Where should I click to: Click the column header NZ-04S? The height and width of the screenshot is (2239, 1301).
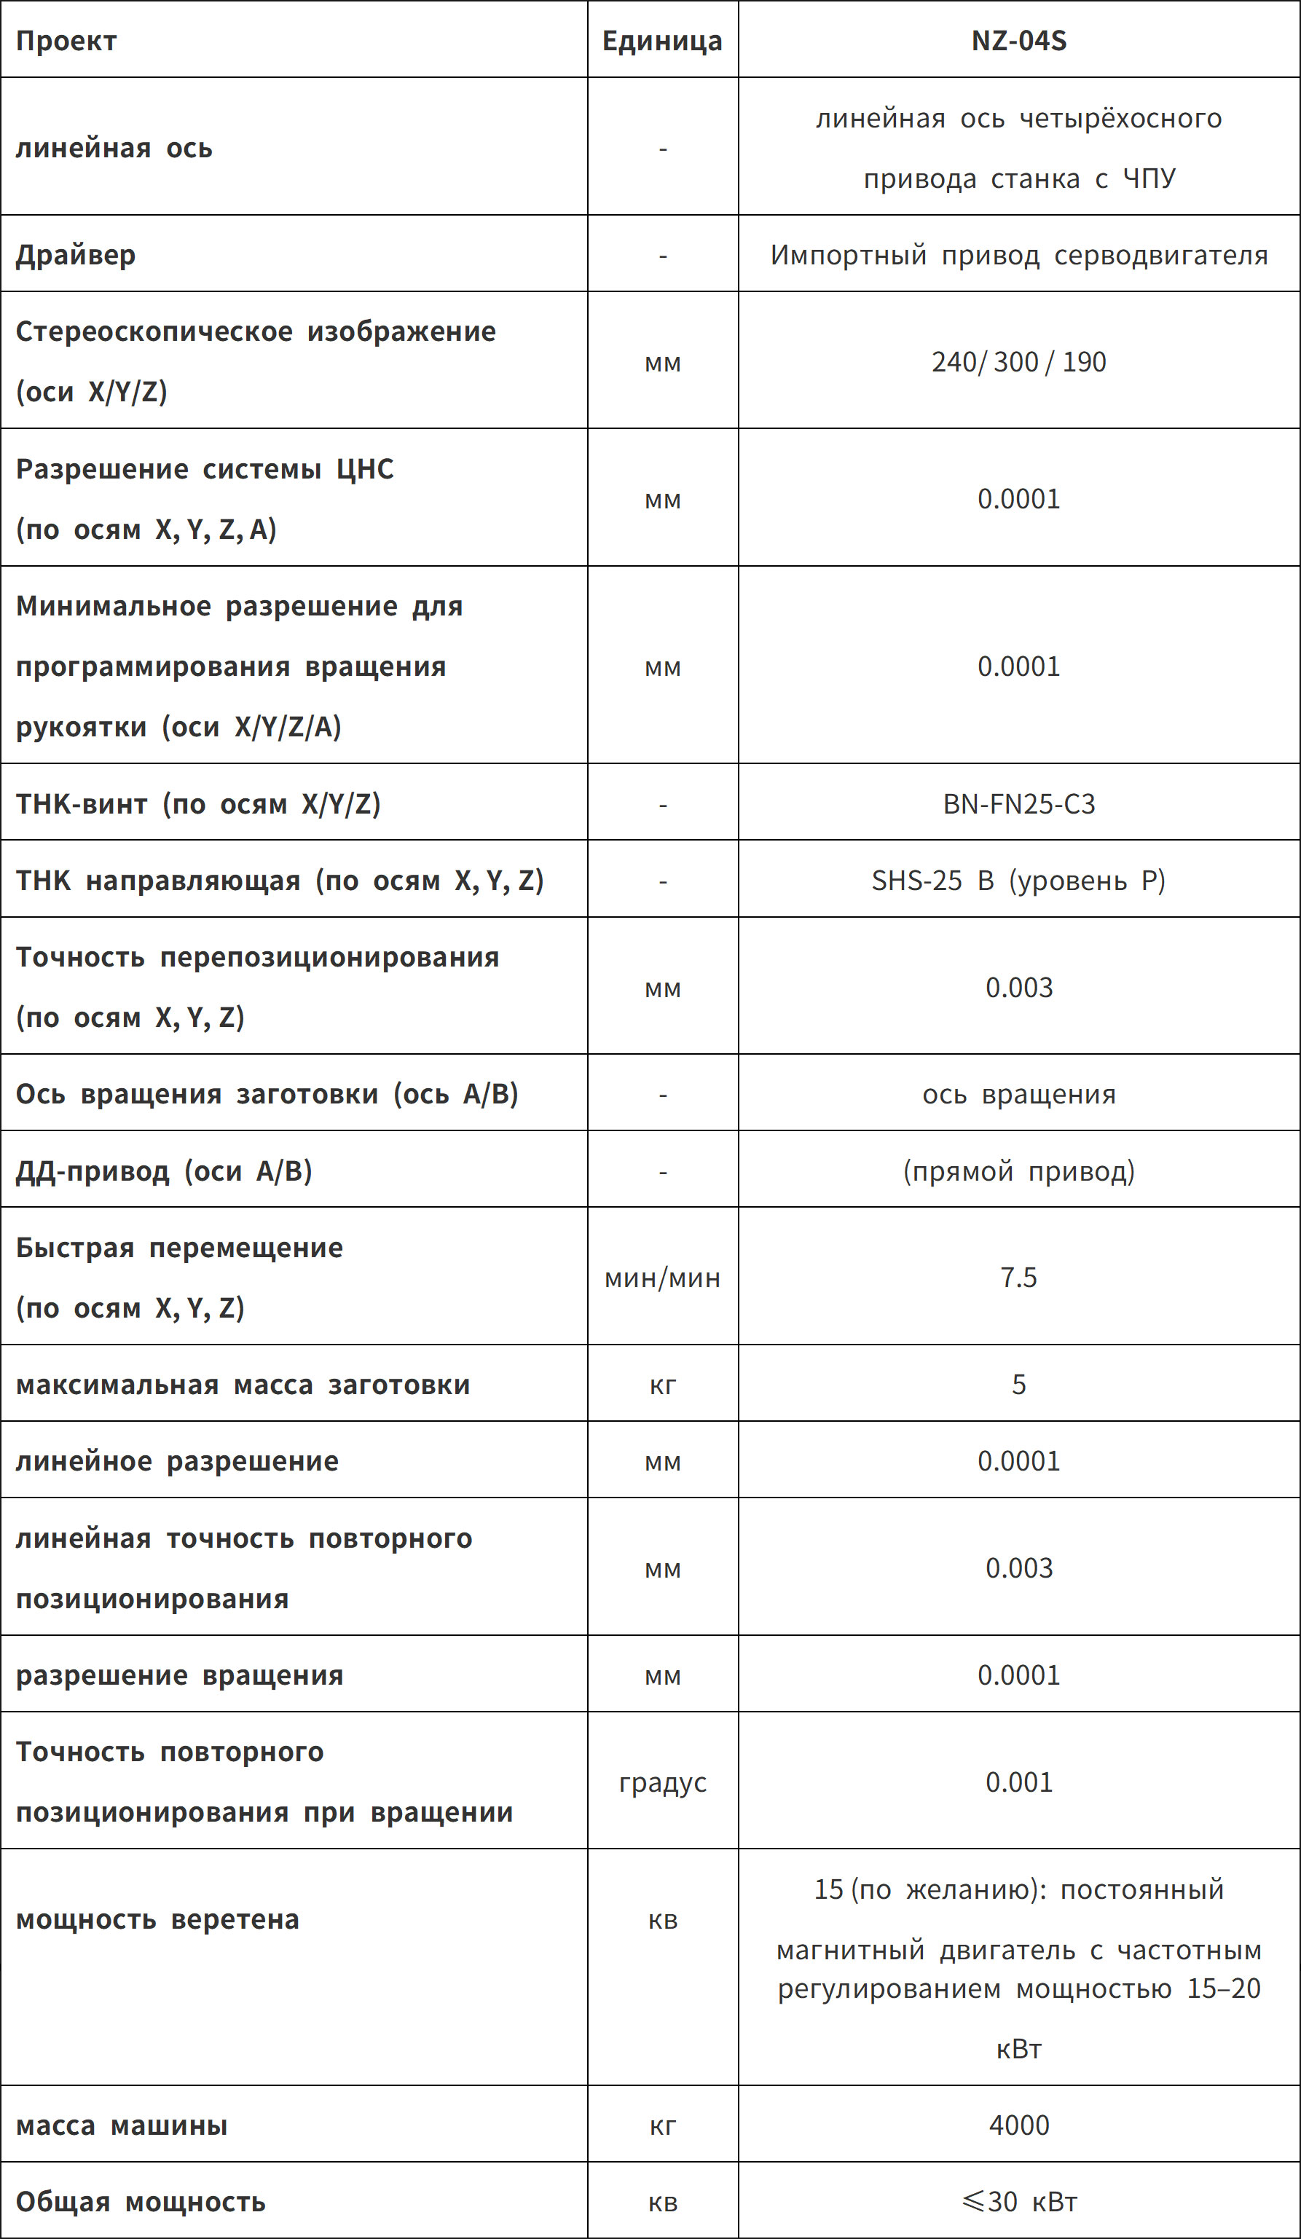pyautogui.click(x=1018, y=41)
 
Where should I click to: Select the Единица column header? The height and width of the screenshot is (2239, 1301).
pyautogui.click(x=662, y=41)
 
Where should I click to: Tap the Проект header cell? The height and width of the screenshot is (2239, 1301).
pyautogui.click(x=66, y=41)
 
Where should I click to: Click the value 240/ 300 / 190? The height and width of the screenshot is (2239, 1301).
pyautogui.click(x=1018, y=361)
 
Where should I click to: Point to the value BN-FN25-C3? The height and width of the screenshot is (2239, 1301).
pyautogui.click(x=1018, y=804)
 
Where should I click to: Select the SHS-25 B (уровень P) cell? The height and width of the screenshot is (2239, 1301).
pyautogui.click(x=1018, y=881)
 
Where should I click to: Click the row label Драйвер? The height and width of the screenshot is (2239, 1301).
pyautogui.click(x=76, y=255)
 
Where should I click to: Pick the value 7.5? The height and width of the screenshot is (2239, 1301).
pyautogui.click(x=1018, y=1277)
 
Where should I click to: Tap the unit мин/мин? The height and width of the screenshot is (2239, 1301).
pyautogui.click(x=662, y=1278)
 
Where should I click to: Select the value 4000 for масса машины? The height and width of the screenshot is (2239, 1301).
pyautogui.click(x=1018, y=2125)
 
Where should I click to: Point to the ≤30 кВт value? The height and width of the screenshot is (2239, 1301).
pyautogui.click(x=1018, y=2201)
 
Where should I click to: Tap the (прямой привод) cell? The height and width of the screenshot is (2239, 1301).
pyautogui.click(x=1018, y=1171)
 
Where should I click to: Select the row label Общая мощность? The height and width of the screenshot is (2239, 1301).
pyautogui.click(x=141, y=2201)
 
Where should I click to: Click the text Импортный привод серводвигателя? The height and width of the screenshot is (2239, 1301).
pyautogui.click(x=1018, y=255)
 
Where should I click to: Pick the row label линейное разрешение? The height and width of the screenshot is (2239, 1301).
pyautogui.click(x=177, y=1460)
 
